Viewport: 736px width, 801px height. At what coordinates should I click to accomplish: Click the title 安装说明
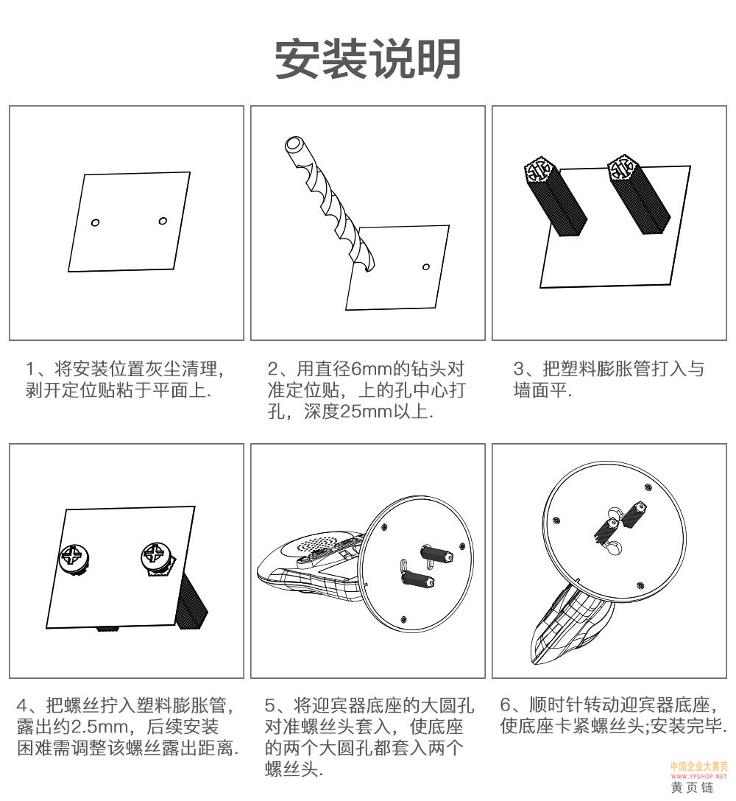368,59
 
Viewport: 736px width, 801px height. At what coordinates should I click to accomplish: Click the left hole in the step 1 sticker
95,222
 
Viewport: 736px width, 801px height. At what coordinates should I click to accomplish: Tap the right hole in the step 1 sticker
163,221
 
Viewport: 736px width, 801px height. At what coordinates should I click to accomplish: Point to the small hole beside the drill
426,267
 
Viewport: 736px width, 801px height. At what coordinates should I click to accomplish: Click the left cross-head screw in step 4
74,558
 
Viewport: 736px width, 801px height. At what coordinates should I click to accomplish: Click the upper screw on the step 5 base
436,553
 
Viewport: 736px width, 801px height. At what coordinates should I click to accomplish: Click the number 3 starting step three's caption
519,368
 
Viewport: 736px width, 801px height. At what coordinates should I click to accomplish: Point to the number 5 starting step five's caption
270,705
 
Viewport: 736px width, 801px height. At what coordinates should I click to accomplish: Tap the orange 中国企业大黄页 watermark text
698,767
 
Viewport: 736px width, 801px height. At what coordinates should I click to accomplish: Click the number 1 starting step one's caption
30,368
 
